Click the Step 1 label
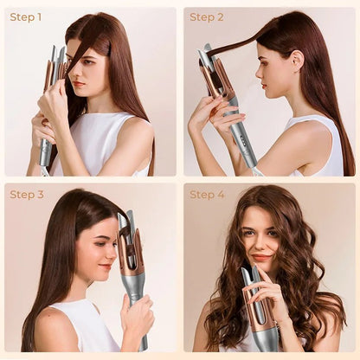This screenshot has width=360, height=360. coord(27,17)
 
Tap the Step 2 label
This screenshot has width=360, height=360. coord(207,17)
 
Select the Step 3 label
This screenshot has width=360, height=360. coord(27,195)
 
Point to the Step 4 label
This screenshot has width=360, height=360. coord(207,195)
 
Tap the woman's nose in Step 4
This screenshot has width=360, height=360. coord(260,245)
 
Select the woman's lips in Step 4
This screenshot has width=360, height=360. coord(260,257)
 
